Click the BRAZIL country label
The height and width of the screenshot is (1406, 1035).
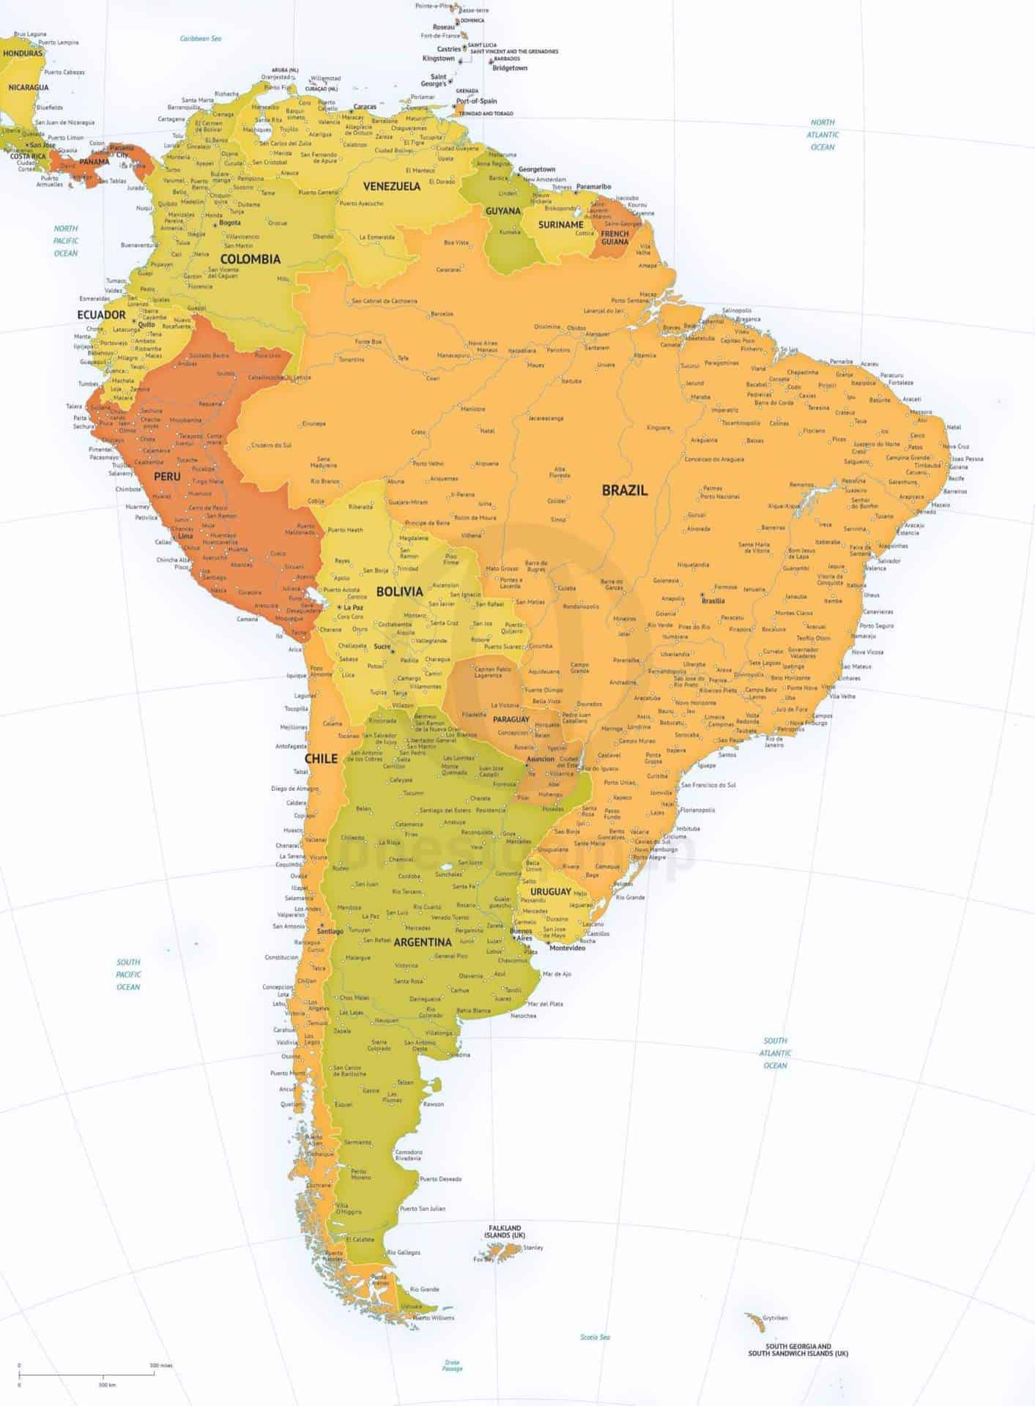tap(624, 491)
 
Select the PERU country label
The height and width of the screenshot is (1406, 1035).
tap(167, 476)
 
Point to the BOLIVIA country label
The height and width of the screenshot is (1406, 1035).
tap(399, 591)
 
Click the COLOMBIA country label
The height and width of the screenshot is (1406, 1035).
tap(250, 258)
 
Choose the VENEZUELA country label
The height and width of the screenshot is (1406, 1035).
tap(392, 186)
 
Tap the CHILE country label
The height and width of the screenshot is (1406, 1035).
tap(321, 758)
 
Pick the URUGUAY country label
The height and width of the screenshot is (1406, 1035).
tap(551, 891)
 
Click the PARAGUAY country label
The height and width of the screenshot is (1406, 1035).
tap(511, 719)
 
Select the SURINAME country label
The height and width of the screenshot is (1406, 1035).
tap(560, 225)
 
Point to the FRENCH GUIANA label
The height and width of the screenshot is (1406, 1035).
tap(615, 237)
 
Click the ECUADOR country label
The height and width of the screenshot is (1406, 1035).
tap(102, 314)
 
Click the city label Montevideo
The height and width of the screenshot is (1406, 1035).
tap(567, 948)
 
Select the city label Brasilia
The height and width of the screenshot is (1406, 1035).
tap(713, 600)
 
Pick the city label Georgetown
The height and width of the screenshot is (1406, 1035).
tap(537, 169)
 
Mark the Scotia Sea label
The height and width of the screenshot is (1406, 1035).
tap(594, 1337)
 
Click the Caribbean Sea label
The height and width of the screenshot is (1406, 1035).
tap(201, 38)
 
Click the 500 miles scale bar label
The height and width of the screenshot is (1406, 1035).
tap(160, 1366)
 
